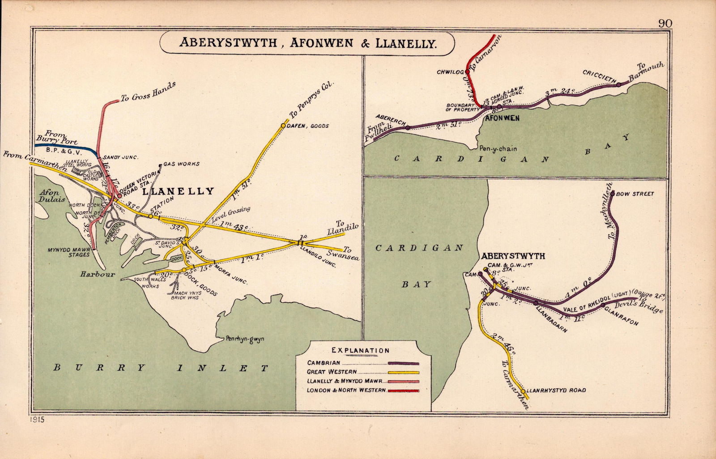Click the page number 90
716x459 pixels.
pyautogui.click(x=665, y=23)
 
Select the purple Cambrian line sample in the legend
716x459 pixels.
pyautogui.click(x=404, y=363)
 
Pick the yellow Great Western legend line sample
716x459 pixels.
pyautogui.click(x=404, y=372)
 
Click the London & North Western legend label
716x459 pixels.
pyautogui.click(x=346, y=391)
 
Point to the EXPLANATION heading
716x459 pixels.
pyautogui.click(x=361, y=350)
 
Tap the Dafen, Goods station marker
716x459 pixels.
pyautogui.click(x=283, y=126)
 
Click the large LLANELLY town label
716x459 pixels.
pyautogui.click(x=178, y=191)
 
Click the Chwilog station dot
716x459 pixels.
pyautogui.click(x=467, y=71)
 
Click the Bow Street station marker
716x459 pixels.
pyautogui.click(x=612, y=194)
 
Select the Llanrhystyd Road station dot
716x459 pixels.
pyautogui.click(x=523, y=391)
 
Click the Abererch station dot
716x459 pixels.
pyautogui.click(x=408, y=127)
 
